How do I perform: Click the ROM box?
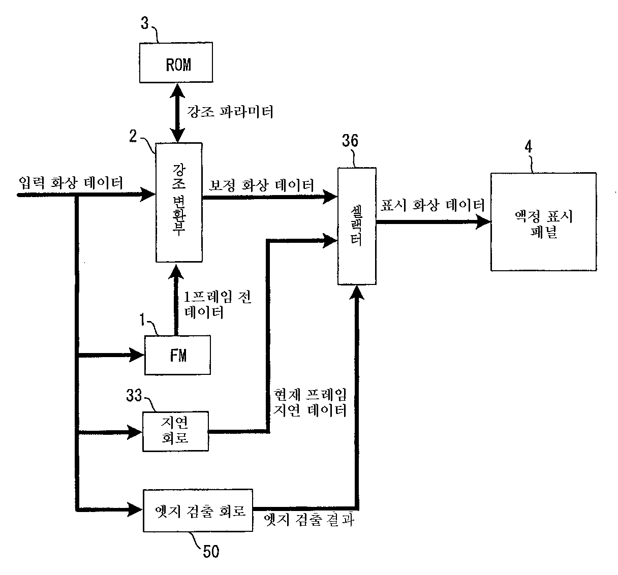tap(176, 63)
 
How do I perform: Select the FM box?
tap(177, 355)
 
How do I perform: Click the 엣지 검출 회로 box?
tap(198, 510)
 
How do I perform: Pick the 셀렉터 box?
tap(357, 226)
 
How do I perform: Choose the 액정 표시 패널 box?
tap(543, 222)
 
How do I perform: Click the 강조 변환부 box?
tap(178, 202)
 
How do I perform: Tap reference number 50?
tap(210, 551)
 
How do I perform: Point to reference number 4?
tap(528, 147)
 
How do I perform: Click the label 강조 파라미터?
tap(230, 111)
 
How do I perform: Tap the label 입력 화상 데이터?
tap(71, 182)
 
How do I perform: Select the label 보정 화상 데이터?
tap(261, 184)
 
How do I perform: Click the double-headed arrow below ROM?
tap(177, 113)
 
